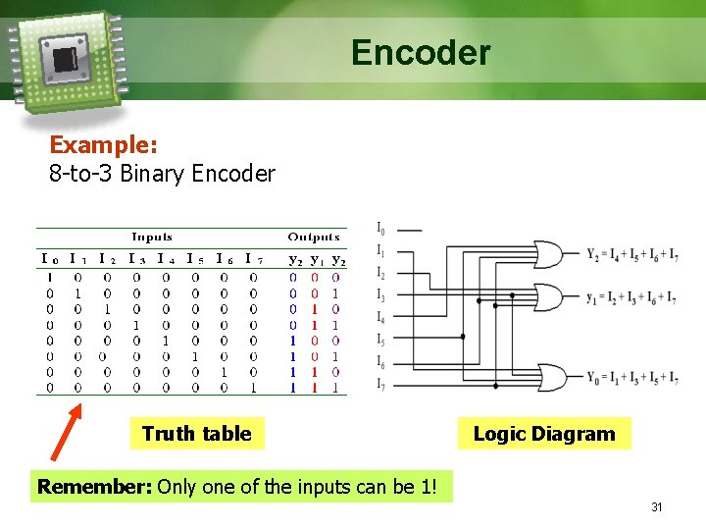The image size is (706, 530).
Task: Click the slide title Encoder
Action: [x=421, y=52]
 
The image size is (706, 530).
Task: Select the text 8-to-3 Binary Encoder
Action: [x=162, y=175]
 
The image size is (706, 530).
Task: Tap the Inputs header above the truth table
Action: [x=152, y=237]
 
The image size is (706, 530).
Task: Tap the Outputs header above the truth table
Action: [x=314, y=237]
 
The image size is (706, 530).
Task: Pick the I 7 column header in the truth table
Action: [x=254, y=259]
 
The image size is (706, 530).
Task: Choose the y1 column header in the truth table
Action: [x=316, y=259]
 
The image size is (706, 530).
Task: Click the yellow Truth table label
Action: [x=196, y=434]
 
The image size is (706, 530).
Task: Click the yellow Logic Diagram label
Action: [x=544, y=434]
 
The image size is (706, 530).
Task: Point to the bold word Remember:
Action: [x=94, y=486]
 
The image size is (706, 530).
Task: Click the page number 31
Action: [x=657, y=507]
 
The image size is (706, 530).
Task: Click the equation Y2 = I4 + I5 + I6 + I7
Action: [x=631, y=256]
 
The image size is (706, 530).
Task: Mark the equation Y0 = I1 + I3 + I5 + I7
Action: [x=631, y=378]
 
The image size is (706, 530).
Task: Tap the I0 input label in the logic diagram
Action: [x=380, y=230]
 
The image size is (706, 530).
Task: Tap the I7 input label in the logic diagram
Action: [x=380, y=383]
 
